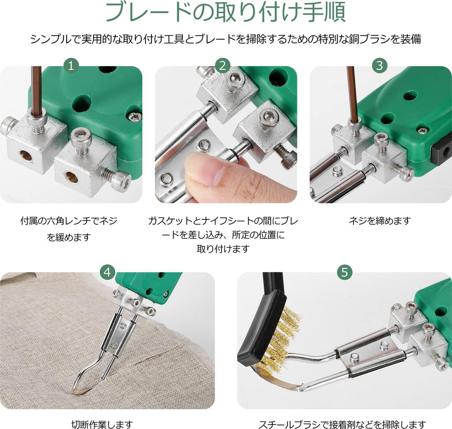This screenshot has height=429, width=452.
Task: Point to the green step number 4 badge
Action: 107,272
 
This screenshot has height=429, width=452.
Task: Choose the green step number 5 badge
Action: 344,272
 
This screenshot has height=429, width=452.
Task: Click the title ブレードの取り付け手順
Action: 226,13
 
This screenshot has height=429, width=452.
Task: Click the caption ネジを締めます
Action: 380,221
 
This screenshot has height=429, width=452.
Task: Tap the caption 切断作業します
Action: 102,425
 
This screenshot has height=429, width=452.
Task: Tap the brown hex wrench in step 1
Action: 36,88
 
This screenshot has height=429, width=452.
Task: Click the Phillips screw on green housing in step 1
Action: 134,117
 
